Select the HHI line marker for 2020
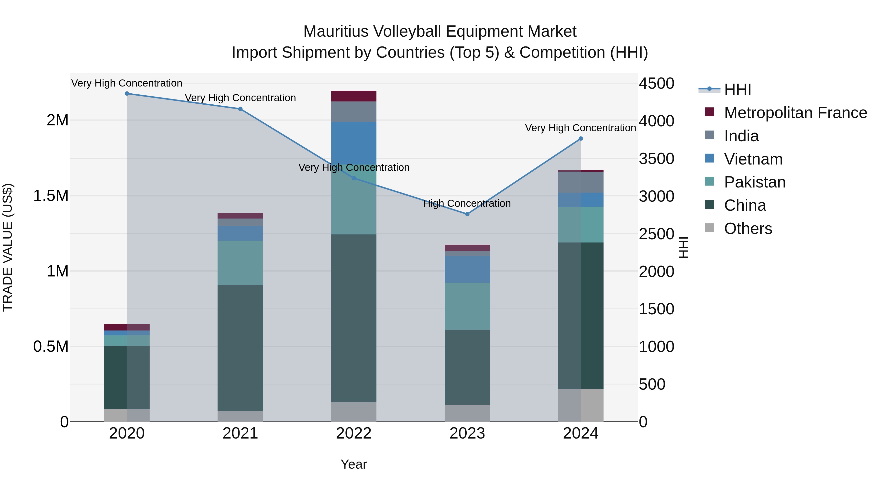(x=127, y=94)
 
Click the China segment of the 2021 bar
(x=240, y=348)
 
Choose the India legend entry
(x=741, y=136)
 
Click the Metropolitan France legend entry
(x=795, y=113)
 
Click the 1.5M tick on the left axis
(x=51, y=196)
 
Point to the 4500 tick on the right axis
(x=656, y=84)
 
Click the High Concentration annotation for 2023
(x=467, y=203)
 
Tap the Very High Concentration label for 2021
(x=240, y=98)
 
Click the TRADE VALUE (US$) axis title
(x=8, y=247)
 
